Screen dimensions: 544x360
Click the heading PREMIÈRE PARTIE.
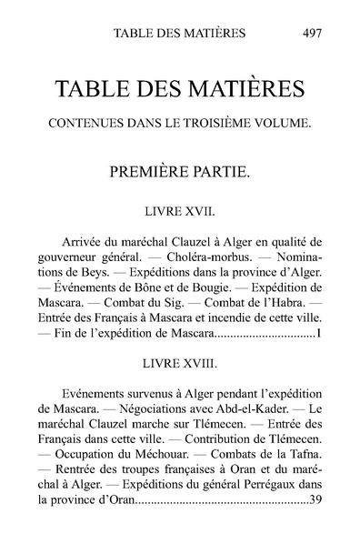[180, 171]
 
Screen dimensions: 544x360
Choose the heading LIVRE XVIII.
[180, 363]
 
